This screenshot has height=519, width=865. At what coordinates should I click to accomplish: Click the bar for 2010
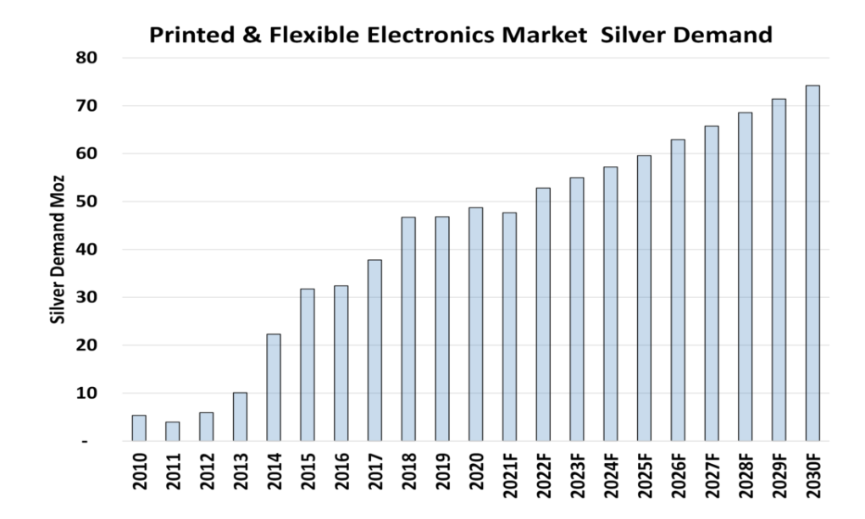tap(139, 428)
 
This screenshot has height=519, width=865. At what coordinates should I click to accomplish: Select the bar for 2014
tap(274, 388)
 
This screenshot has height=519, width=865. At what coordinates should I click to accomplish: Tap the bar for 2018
tap(408, 329)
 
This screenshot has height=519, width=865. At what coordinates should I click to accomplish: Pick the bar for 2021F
tap(509, 327)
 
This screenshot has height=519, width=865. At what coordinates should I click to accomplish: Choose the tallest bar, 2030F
tap(812, 263)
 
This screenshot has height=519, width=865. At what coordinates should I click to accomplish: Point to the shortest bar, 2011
tap(173, 432)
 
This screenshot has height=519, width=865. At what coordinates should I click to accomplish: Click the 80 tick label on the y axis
tap(86, 58)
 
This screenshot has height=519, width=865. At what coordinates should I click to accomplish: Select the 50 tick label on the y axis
tap(86, 202)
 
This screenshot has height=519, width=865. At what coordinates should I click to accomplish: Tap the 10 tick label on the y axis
tap(86, 394)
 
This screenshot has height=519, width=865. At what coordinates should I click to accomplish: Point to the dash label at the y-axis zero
tap(96, 442)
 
